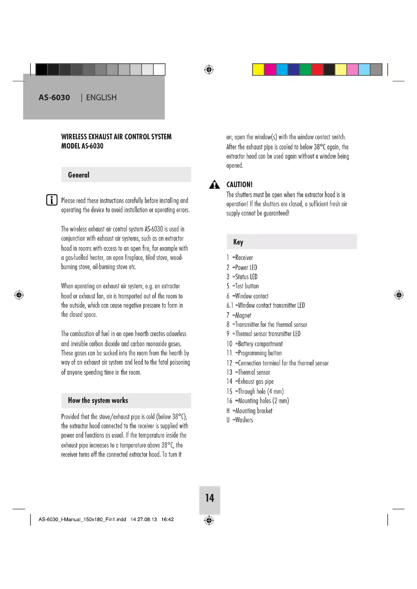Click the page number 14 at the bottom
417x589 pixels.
click(210, 498)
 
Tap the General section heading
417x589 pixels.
click(79, 175)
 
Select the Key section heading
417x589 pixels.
click(238, 242)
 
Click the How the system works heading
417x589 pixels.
click(98, 400)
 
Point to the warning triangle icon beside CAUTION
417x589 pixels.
click(214, 185)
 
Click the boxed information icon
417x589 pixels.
click(52, 200)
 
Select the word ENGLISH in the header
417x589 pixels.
click(101, 97)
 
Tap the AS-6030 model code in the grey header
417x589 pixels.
click(54, 97)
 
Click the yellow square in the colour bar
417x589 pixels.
click(258, 70)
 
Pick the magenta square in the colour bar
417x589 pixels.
click(270, 70)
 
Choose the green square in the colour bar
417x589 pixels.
click(305, 70)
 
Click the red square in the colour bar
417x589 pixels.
click(317, 70)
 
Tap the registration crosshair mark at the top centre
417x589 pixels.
click(209, 70)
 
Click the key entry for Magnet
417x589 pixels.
click(239, 315)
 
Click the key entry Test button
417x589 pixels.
click(242, 286)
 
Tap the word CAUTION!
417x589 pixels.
click(239, 184)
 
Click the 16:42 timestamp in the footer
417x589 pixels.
click(167, 519)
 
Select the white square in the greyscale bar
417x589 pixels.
click(159, 70)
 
